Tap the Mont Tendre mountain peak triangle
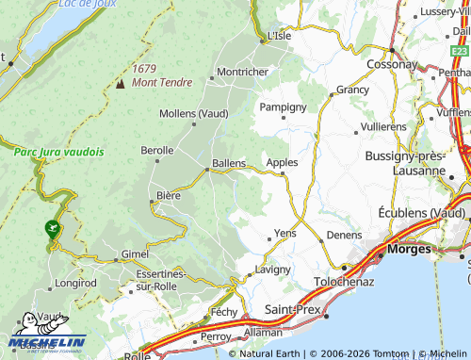pyautogui.click(x=121, y=83)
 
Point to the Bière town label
pyautogui.click(x=168, y=196)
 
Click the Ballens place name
pyautogui.click(x=230, y=162)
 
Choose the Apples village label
pyautogui.click(x=282, y=162)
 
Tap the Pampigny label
pyautogui.click(x=284, y=106)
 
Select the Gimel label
pyautogui.click(x=134, y=255)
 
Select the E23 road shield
pyautogui.click(x=459, y=50)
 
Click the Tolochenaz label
pyautogui.click(x=344, y=281)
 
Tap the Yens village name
pyautogui.click(x=284, y=232)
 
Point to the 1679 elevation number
pyautogui.click(x=144, y=68)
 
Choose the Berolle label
pyautogui.click(x=156, y=150)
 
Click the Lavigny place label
pyautogui.click(x=274, y=270)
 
